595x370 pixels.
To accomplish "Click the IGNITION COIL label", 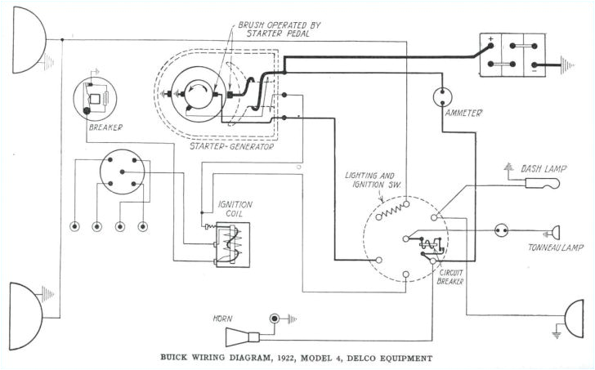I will pos(235,208).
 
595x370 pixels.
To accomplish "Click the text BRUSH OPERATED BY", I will pos(277,25).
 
